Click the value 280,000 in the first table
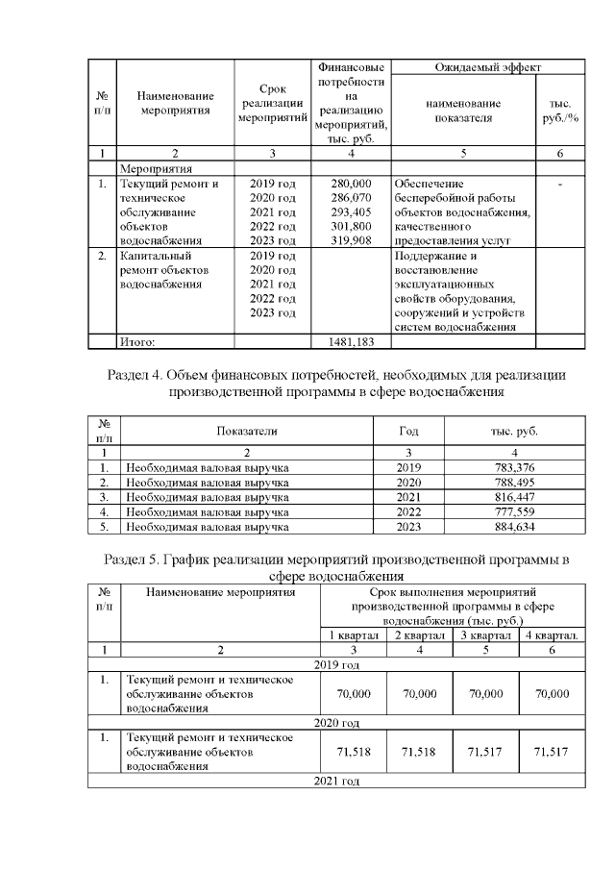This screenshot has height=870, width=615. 351,183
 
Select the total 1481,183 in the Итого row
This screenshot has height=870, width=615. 351,340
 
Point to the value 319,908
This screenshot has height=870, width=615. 351,240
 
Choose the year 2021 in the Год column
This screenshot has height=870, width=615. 409,497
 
